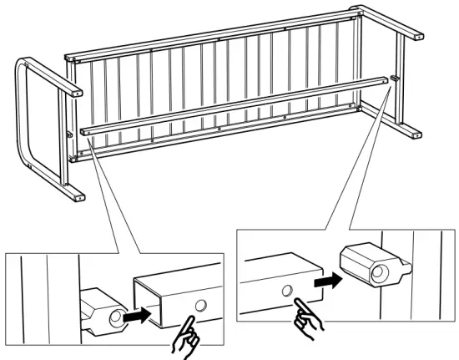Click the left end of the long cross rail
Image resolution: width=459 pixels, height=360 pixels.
86,131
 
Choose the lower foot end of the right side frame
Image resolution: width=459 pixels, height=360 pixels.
412,132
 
